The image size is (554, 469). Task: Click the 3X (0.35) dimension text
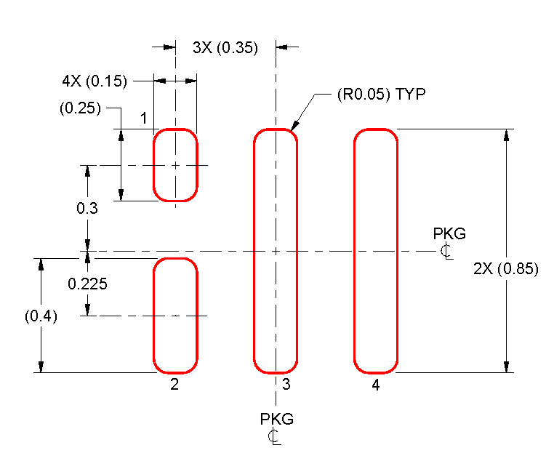pyautogui.click(x=225, y=49)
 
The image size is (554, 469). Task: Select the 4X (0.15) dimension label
pyautogui.click(x=95, y=81)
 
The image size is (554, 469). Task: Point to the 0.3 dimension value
pyautogui.click(x=88, y=209)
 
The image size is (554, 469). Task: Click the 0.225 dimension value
pyautogui.click(x=88, y=284)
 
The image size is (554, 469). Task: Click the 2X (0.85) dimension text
pyautogui.click(x=505, y=268)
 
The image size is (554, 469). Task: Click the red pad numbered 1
pyautogui.click(x=174, y=165)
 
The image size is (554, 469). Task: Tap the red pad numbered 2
pyautogui.click(x=174, y=316)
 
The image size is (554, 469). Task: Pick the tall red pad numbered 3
pyautogui.click(x=276, y=251)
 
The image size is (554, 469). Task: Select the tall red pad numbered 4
pyautogui.click(x=376, y=251)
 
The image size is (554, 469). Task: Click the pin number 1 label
pyautogui.click(x=144, y=118)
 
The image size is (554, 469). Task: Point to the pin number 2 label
pyautogui.click(x=174, y=385)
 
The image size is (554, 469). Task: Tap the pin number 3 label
pyautogui.click(x=286, y=385)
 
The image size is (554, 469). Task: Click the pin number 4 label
pyautogui.click(x=376, y=385)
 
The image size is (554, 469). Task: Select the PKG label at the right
pyautogui.click(x=449, y=234)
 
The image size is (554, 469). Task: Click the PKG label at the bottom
pyautogui.click(x=277, y=420)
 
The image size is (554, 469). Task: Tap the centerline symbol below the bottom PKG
pyautogui.click(x=274, y=436)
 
